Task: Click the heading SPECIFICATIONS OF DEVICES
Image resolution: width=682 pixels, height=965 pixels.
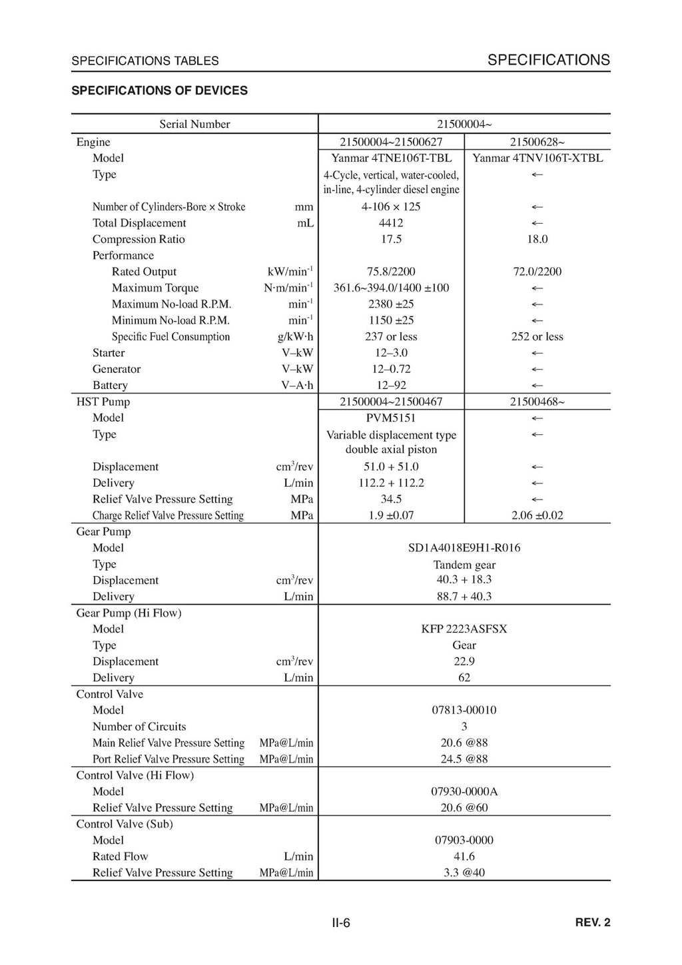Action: tap(159, 91)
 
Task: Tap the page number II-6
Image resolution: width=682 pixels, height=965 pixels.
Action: tap(341, 923)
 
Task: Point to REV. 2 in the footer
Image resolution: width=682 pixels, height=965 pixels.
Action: tap(592, 922)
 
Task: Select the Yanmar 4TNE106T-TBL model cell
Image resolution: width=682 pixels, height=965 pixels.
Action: tap(391, 159)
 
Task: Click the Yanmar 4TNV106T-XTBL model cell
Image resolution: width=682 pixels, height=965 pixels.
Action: tap(537, 159)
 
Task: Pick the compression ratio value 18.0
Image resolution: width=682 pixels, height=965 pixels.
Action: tap(537, 239)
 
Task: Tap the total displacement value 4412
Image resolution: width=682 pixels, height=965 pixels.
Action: tap(391, 223)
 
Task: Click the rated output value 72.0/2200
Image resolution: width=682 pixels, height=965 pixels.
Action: tap(537, 272)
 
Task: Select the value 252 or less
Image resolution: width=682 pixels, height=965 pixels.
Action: tap(537, 336)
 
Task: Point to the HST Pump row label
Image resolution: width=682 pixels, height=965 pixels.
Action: tap(103, 402)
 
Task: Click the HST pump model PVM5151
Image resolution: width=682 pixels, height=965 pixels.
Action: tap(391, 418)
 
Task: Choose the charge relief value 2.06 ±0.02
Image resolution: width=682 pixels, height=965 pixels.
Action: tap(537, 515)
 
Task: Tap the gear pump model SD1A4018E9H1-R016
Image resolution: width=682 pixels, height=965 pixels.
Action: tap(464, 548)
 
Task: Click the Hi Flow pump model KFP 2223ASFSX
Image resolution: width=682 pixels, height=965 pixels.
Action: tap(464, 629)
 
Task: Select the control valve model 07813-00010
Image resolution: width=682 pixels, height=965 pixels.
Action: tap(464, 710)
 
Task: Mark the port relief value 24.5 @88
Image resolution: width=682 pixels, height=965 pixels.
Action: tap(464, 759)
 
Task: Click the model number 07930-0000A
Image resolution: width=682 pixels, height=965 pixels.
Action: tap(464, 791)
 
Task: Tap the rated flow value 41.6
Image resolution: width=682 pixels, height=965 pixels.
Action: tap(464, 856)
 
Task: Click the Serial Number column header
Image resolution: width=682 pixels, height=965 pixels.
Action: tap(194, 125)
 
